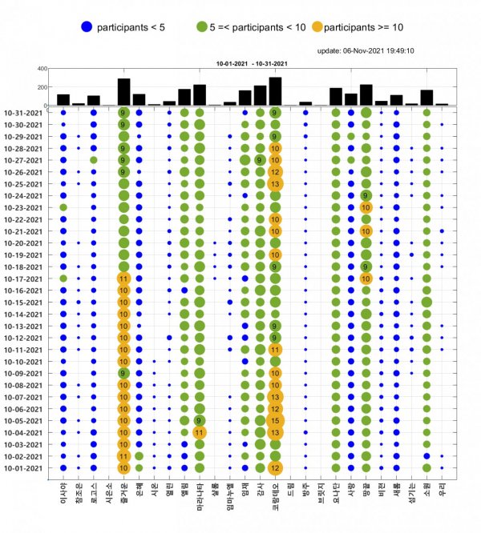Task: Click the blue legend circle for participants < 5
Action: point(87,27)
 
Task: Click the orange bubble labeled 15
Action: point(275,420)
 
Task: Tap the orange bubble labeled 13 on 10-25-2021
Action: point(275,183)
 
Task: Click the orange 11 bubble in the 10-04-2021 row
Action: point(199,432)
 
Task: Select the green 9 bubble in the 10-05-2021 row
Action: point(199,420)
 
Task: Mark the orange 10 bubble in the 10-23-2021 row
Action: point(366,207)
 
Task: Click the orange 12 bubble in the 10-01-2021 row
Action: point(275,468)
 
